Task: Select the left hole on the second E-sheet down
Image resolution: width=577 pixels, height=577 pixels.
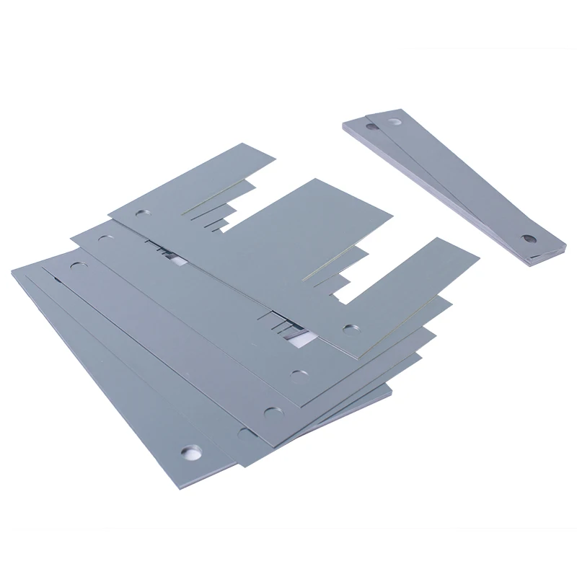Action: (108, 238)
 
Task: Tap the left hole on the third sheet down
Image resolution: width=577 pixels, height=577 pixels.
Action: (76, 266)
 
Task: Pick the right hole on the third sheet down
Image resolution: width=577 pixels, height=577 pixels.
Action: (272, 412)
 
